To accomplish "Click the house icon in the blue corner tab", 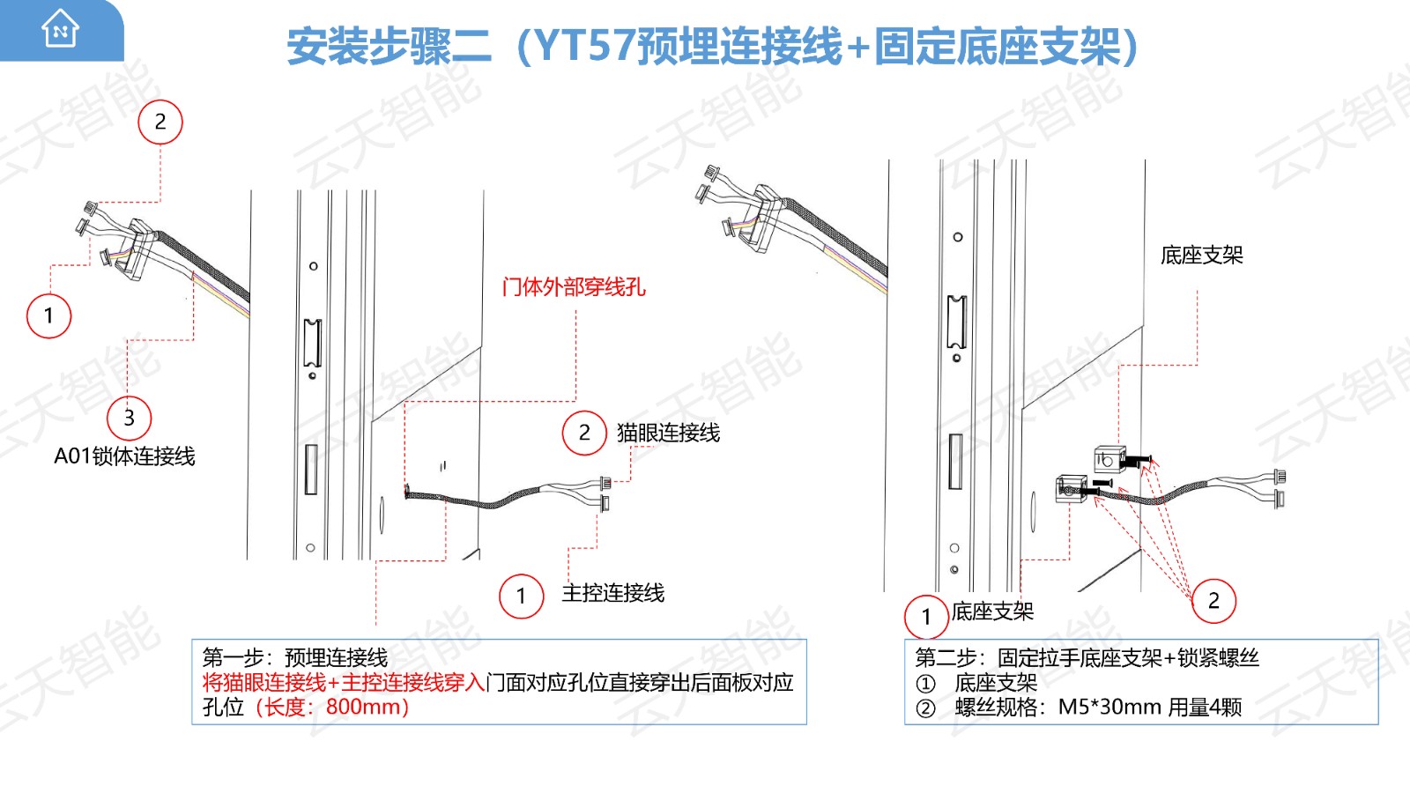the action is tap(61, 28).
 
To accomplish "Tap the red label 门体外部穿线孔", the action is tap(574, 287).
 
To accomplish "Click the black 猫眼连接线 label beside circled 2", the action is tap(668, 433).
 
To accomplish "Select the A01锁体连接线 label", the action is tap(124, 456).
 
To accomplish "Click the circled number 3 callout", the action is tap(129, 418).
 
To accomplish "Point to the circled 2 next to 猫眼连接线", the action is tap(584, 433).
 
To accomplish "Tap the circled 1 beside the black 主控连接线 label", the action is tap(521, 596).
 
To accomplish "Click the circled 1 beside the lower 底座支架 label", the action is tap(926, 617).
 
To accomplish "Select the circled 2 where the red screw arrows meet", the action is tap(1213, 601).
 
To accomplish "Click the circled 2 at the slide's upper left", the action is tap(160, 122).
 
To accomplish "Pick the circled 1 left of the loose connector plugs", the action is tap(49, 315).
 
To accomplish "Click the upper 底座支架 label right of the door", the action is tap(1202, 256).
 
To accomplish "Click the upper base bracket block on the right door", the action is tap(1109, 459).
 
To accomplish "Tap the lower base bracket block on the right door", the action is tap(1072, 488).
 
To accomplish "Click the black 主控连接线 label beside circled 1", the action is tap(613, 593).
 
